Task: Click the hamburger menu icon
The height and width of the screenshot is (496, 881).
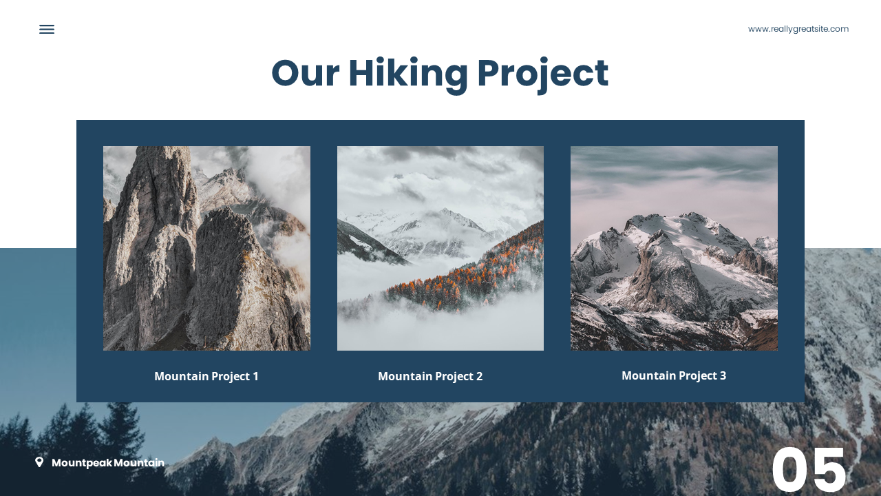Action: tap(47, 29)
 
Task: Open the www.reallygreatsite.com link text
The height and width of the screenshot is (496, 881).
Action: tap(798, 29)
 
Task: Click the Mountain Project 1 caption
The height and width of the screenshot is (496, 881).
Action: tap(206, 376)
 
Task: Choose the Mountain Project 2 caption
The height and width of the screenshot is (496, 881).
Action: tap(430, 376)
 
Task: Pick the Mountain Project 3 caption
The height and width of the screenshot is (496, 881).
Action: tap(674, 375)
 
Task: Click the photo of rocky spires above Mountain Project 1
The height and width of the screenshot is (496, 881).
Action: tap(206, 248)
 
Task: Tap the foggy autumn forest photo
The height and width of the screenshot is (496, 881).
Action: tap(440, 248)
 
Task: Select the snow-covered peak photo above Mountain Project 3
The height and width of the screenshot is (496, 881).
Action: tap(674, 248)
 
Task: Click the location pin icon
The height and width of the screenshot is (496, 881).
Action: tap(39, 462)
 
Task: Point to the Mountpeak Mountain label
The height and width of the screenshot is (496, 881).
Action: tap(107, 463)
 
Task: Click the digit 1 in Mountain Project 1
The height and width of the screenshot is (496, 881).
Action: tap(255, 376)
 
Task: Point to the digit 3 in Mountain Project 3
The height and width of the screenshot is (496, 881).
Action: tap(723, 375)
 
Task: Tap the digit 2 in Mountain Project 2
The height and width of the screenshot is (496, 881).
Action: tap(479, 376)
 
